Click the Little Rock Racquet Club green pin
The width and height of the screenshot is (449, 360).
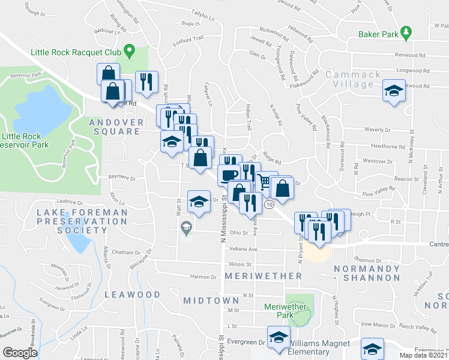pos(127,50)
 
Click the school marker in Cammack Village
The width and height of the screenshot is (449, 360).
pos(393,91)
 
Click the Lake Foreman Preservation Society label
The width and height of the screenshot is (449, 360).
pos(82,221)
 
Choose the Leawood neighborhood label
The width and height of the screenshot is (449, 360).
pos(132,295)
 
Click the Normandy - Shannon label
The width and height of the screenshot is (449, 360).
pos(367,273)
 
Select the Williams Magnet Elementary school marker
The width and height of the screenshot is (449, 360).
pos(278,338)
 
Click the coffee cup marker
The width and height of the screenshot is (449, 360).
pos(228,175)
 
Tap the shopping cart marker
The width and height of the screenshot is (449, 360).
pos(264,181)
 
